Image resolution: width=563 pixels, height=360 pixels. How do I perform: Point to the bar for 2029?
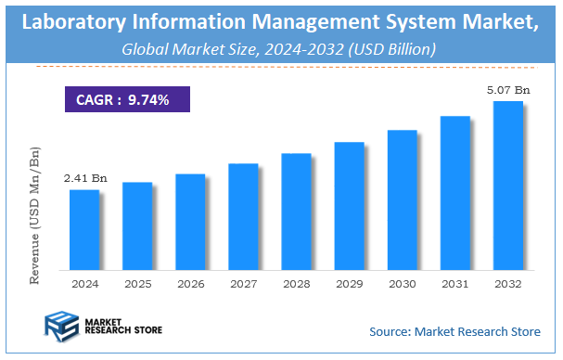coord(349,205)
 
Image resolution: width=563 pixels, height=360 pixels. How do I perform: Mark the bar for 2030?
coord(402,199)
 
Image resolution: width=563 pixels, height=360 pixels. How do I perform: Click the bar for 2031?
coord(454,192)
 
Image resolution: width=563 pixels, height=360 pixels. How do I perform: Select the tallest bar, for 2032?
coord(507,185)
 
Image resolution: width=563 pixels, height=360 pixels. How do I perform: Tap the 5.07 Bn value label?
coord(508,89)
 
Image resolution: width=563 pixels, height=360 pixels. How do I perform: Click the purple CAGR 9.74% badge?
coord(127,99)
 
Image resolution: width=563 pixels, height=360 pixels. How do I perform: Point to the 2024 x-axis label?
coord(83,283)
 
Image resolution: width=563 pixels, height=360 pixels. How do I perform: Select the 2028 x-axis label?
coord(296,283)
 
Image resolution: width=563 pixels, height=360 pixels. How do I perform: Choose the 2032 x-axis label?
coord(507,283)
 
